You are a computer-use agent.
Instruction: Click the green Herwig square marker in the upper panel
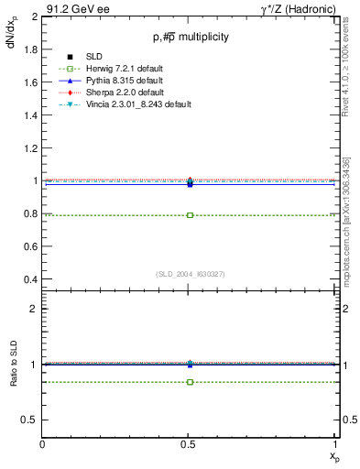[x=190, y=215]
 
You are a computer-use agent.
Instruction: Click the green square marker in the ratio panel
[x=190, y=381]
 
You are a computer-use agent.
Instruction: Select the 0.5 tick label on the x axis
[x=190, y=446]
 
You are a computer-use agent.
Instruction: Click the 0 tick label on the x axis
[x=43, y=446]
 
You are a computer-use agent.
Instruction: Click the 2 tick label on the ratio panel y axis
[x=35, y=309]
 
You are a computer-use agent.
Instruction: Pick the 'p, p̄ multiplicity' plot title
[x=191, y=38]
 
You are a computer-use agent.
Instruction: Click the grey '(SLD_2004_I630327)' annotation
[x=190, y=274]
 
